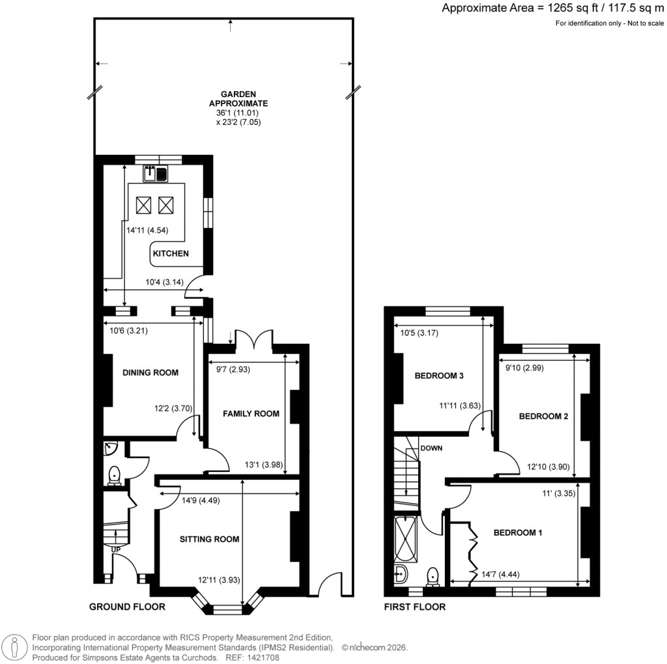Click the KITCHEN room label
point(171,253)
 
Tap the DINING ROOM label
point(150,373)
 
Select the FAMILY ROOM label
point(251,413)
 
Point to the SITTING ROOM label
point(210,539)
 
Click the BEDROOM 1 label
point(518,533)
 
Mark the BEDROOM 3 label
point(439,376)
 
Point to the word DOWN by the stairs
point(431,449)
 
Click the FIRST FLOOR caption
point(415,607)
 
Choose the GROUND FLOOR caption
point(127,607)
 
